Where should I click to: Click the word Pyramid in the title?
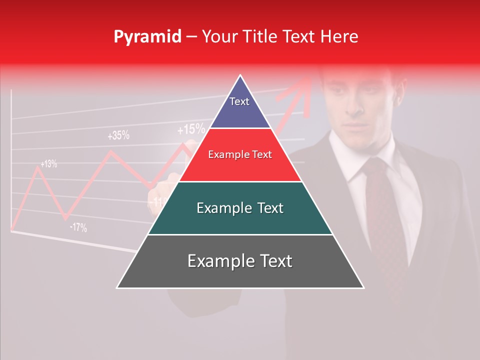147,37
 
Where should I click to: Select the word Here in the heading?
339,36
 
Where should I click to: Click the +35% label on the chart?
118,135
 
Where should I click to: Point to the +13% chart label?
48,163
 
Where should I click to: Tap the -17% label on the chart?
78,227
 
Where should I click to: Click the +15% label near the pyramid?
191,130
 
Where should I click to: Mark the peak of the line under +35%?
111,151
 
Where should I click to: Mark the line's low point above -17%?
65,218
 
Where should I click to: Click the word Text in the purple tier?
239,101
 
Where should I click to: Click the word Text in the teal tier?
270,208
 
